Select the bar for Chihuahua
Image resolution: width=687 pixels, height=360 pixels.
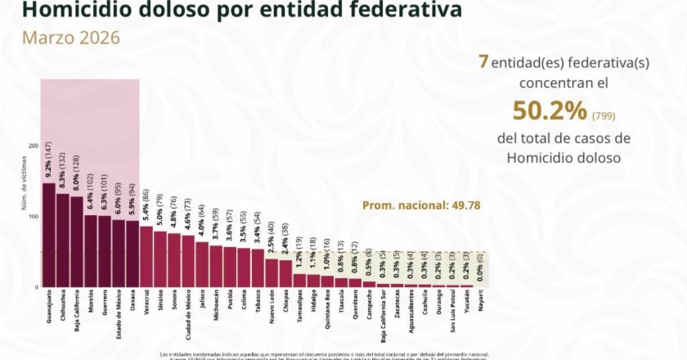click(62, 241)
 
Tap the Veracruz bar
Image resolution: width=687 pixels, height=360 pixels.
click(146, 257)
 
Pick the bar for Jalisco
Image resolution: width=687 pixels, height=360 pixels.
click(202, 264)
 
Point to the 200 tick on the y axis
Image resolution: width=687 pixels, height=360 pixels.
click(34, 146)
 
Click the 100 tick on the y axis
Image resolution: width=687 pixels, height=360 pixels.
click(34, 217)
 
